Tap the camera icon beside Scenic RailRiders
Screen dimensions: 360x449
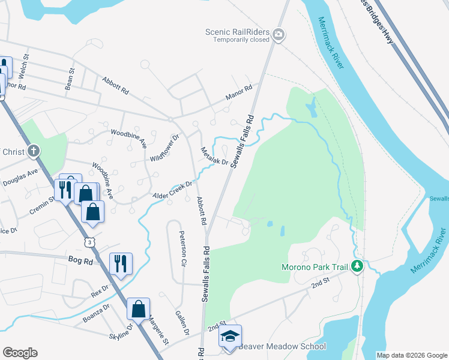(x=278, y=35)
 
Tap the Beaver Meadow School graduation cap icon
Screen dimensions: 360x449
(x=229, y=337)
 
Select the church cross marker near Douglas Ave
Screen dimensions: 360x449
(x=35, y=150)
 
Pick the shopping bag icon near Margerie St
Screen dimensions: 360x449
(x=138, y=309)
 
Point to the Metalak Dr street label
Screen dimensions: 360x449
(x=214, y=157)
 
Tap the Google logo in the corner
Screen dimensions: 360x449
(x=20, y=353)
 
